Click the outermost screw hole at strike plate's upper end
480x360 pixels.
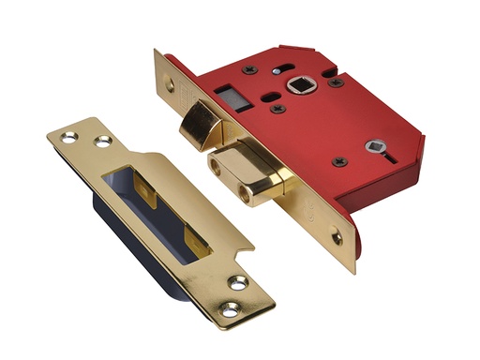click(67, 137)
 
